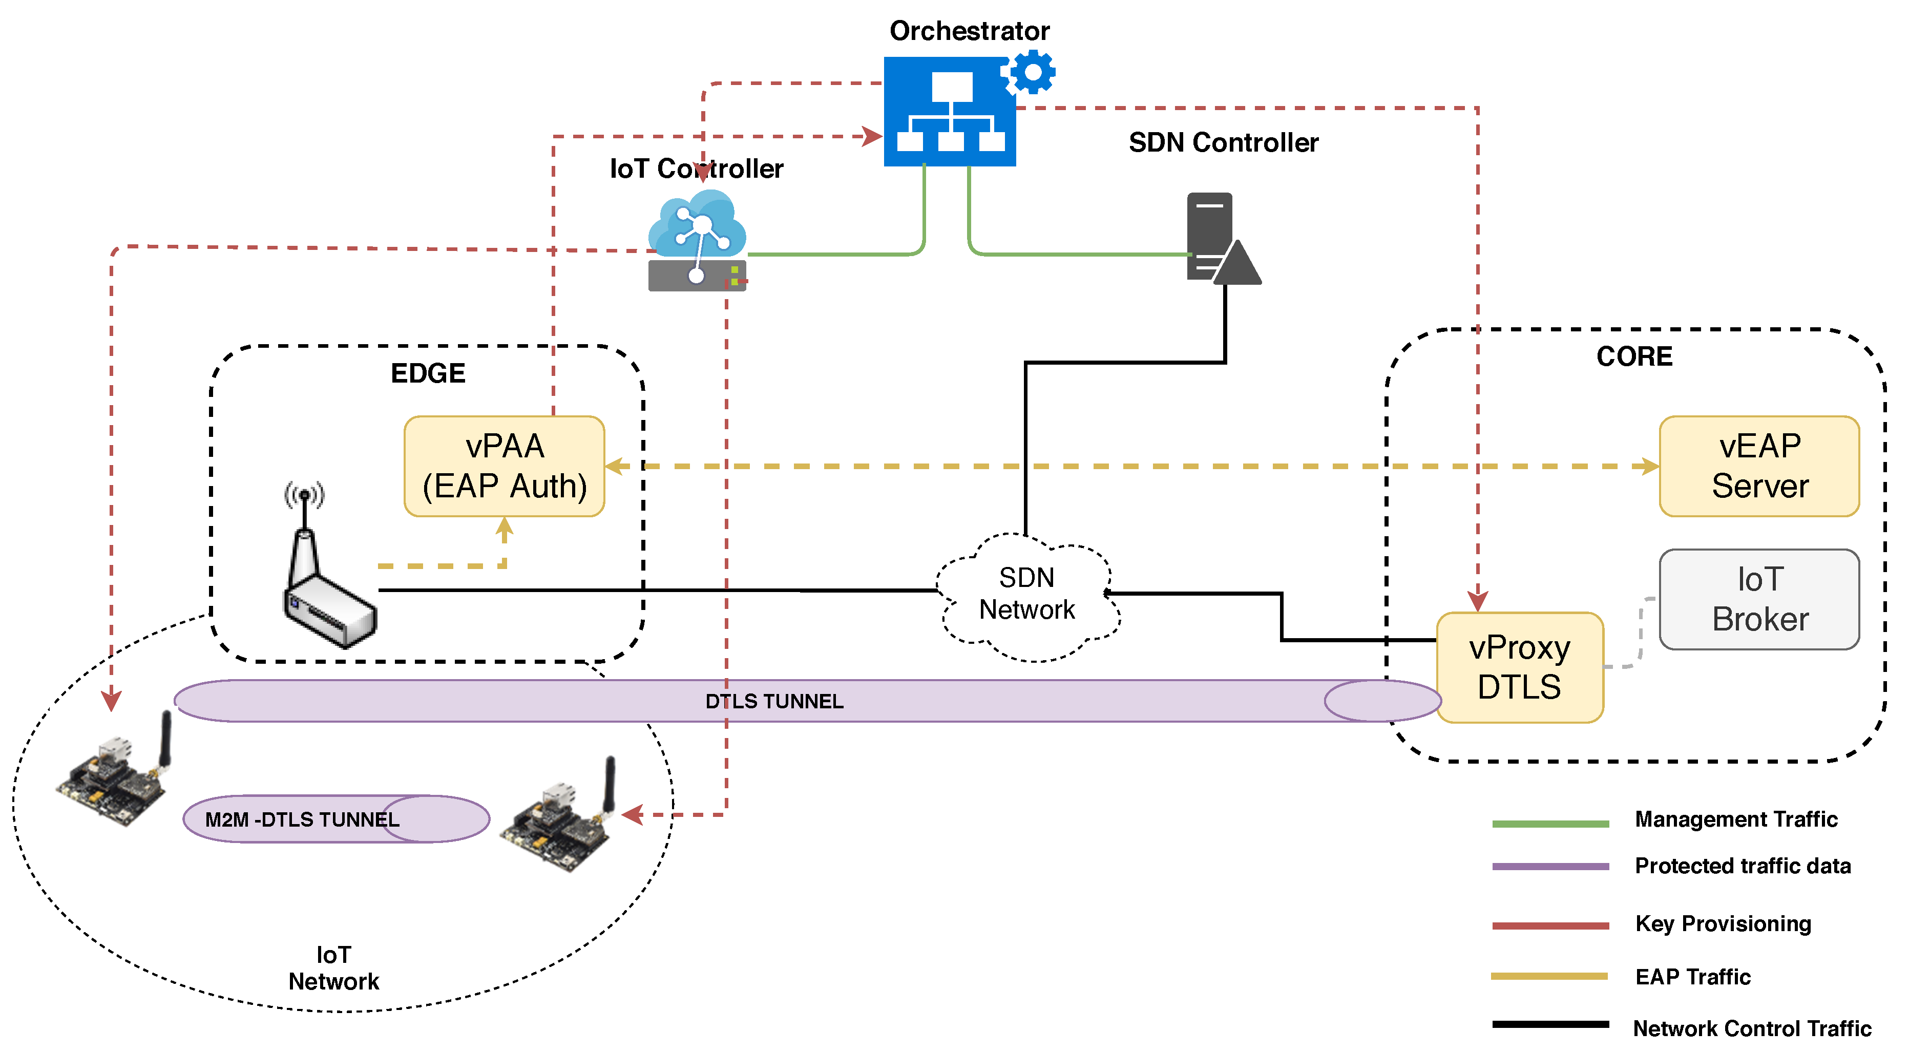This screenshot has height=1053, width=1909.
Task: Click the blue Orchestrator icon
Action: click(949, 112)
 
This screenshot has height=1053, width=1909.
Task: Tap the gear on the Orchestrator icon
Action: click(1032, 72)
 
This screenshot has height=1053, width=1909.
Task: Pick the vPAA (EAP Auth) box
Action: click(505, 466)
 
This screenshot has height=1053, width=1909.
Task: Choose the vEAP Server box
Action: click(1759, 466)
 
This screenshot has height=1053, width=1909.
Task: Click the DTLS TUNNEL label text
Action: click(774, 701)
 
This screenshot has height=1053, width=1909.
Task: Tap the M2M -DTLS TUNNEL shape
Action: click(335, 819)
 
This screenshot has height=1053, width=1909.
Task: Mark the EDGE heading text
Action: click(428, 373)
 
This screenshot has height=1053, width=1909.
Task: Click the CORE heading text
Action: click(1634, 356)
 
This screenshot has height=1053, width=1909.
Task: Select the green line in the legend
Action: click(1550, 823)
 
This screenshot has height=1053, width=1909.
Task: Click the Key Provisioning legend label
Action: click(1723, 923)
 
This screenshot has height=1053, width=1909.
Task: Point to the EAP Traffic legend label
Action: click(1693, 977)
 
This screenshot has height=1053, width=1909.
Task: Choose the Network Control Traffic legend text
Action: click(1752, 1028)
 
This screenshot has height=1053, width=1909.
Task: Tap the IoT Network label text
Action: click(333, 968)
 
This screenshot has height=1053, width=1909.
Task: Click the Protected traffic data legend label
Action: click(1742, 866)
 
